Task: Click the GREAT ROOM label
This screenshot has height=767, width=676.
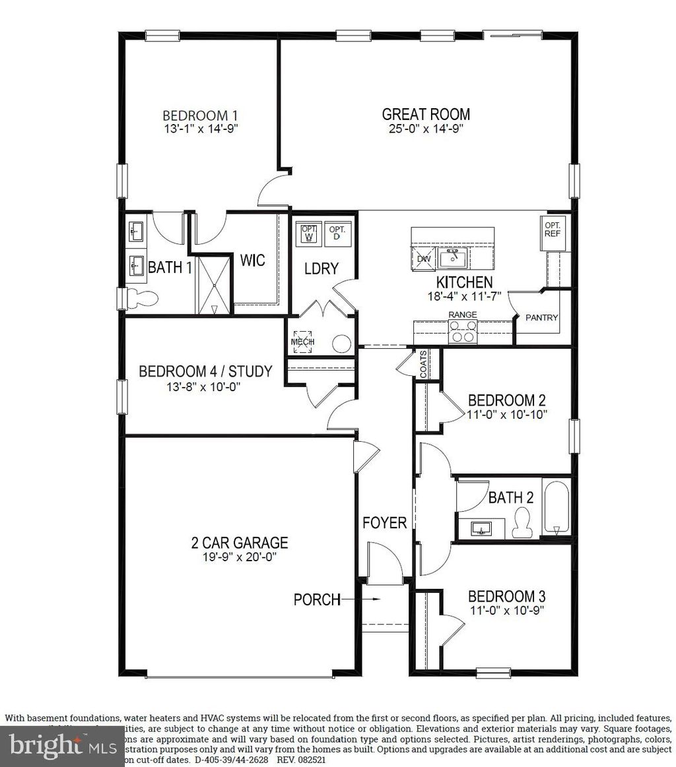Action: coord(426,113)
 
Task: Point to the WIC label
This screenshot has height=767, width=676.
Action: coord(252,260)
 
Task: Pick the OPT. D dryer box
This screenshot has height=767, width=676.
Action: coord(337,233)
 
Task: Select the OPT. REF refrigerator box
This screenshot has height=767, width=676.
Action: coord(552,233)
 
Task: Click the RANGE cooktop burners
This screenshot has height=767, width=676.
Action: coord(463,334)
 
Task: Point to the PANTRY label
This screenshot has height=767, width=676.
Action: coord(541,318)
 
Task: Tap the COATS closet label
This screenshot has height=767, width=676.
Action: coord(423,364)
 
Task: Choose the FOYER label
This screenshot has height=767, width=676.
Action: coord(384,523)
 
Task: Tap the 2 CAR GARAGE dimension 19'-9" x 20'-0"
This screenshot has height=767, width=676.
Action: coord(239,557)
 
